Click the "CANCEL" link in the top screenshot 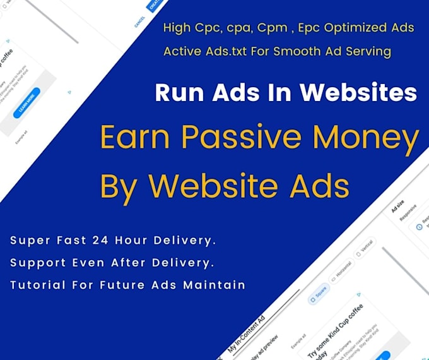[139, 22]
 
